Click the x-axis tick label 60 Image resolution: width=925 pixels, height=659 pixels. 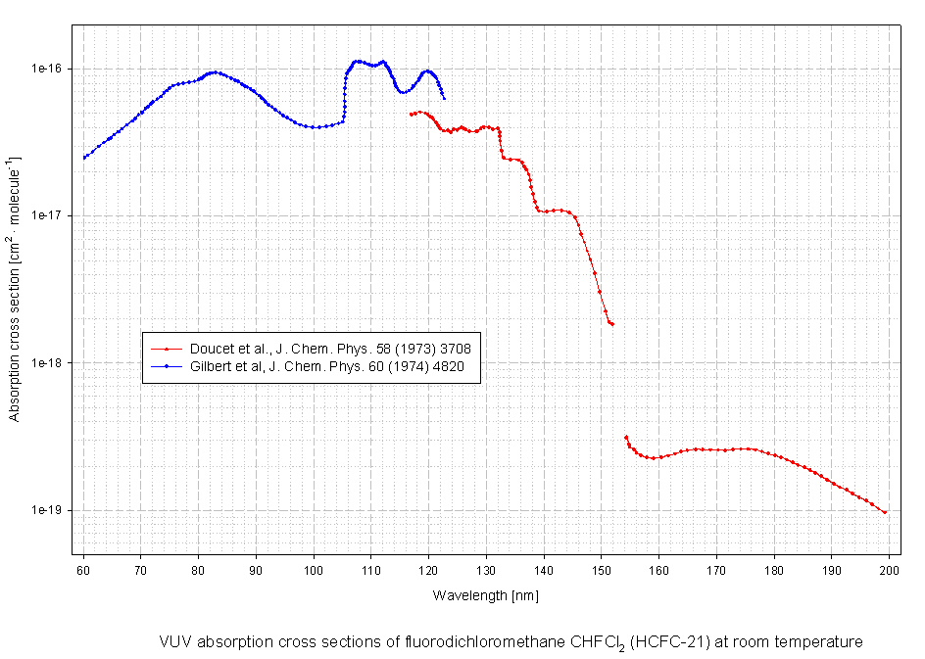(83, 570)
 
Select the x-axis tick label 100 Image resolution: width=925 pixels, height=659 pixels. (314, 570)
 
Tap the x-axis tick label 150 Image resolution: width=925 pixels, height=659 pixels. (602, 570)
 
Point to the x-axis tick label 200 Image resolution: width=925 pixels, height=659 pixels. (889, 570)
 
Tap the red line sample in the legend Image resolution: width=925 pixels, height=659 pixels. (168, 348)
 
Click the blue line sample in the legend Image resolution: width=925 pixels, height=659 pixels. (168, 366)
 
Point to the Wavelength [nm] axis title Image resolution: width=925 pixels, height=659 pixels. (486, 595)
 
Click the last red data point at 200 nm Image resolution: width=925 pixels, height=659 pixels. (885, 512)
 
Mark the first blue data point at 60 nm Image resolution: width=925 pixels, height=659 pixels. (84, 157)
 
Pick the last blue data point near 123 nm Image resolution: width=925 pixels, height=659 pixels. (444, 98)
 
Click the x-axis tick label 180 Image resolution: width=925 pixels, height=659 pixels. (774, 570)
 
